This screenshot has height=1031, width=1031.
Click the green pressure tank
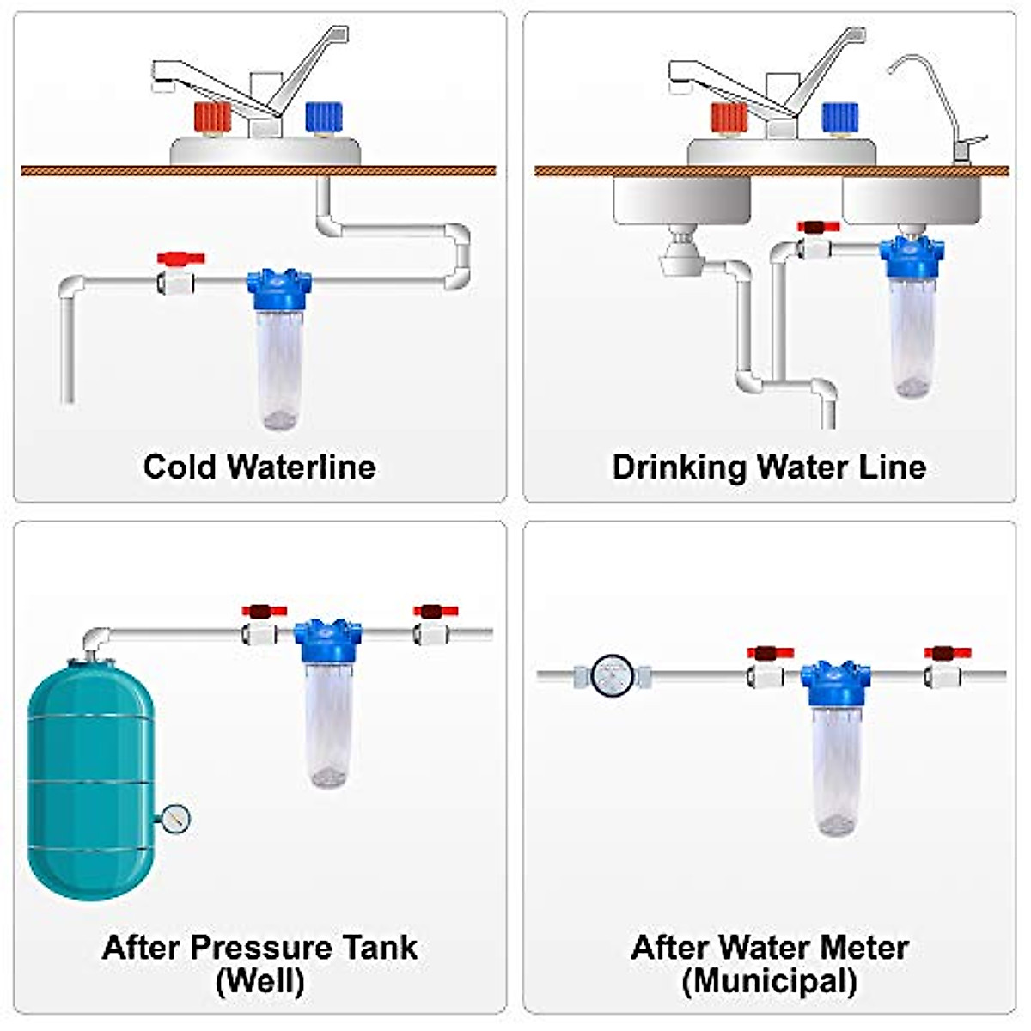pos(90,778)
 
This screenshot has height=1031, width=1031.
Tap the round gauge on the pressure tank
pos(174,819)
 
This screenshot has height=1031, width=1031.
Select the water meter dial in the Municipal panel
pos(613,675)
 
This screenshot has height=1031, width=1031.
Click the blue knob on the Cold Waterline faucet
pos(324,117)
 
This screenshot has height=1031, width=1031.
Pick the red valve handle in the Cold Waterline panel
pos(180,258)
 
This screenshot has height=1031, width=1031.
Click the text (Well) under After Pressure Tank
pos(259,980)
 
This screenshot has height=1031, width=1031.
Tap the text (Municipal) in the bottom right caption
pos(769,980)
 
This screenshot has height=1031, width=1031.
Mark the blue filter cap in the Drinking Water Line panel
pos(912,255)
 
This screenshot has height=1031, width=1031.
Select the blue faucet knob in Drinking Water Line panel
pos(840,117)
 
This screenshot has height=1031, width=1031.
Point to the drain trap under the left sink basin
pos(681,256)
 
